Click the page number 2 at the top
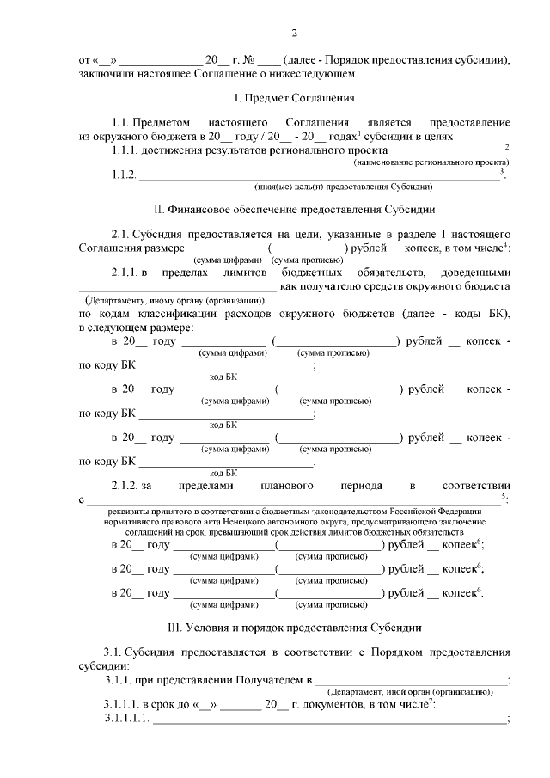[294, 34]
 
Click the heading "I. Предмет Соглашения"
[294, 98]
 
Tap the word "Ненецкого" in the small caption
[292, 522]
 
